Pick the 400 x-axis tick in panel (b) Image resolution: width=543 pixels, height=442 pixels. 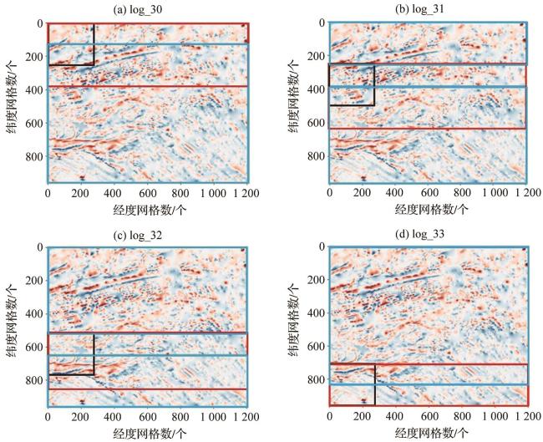[x=395, y=194]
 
